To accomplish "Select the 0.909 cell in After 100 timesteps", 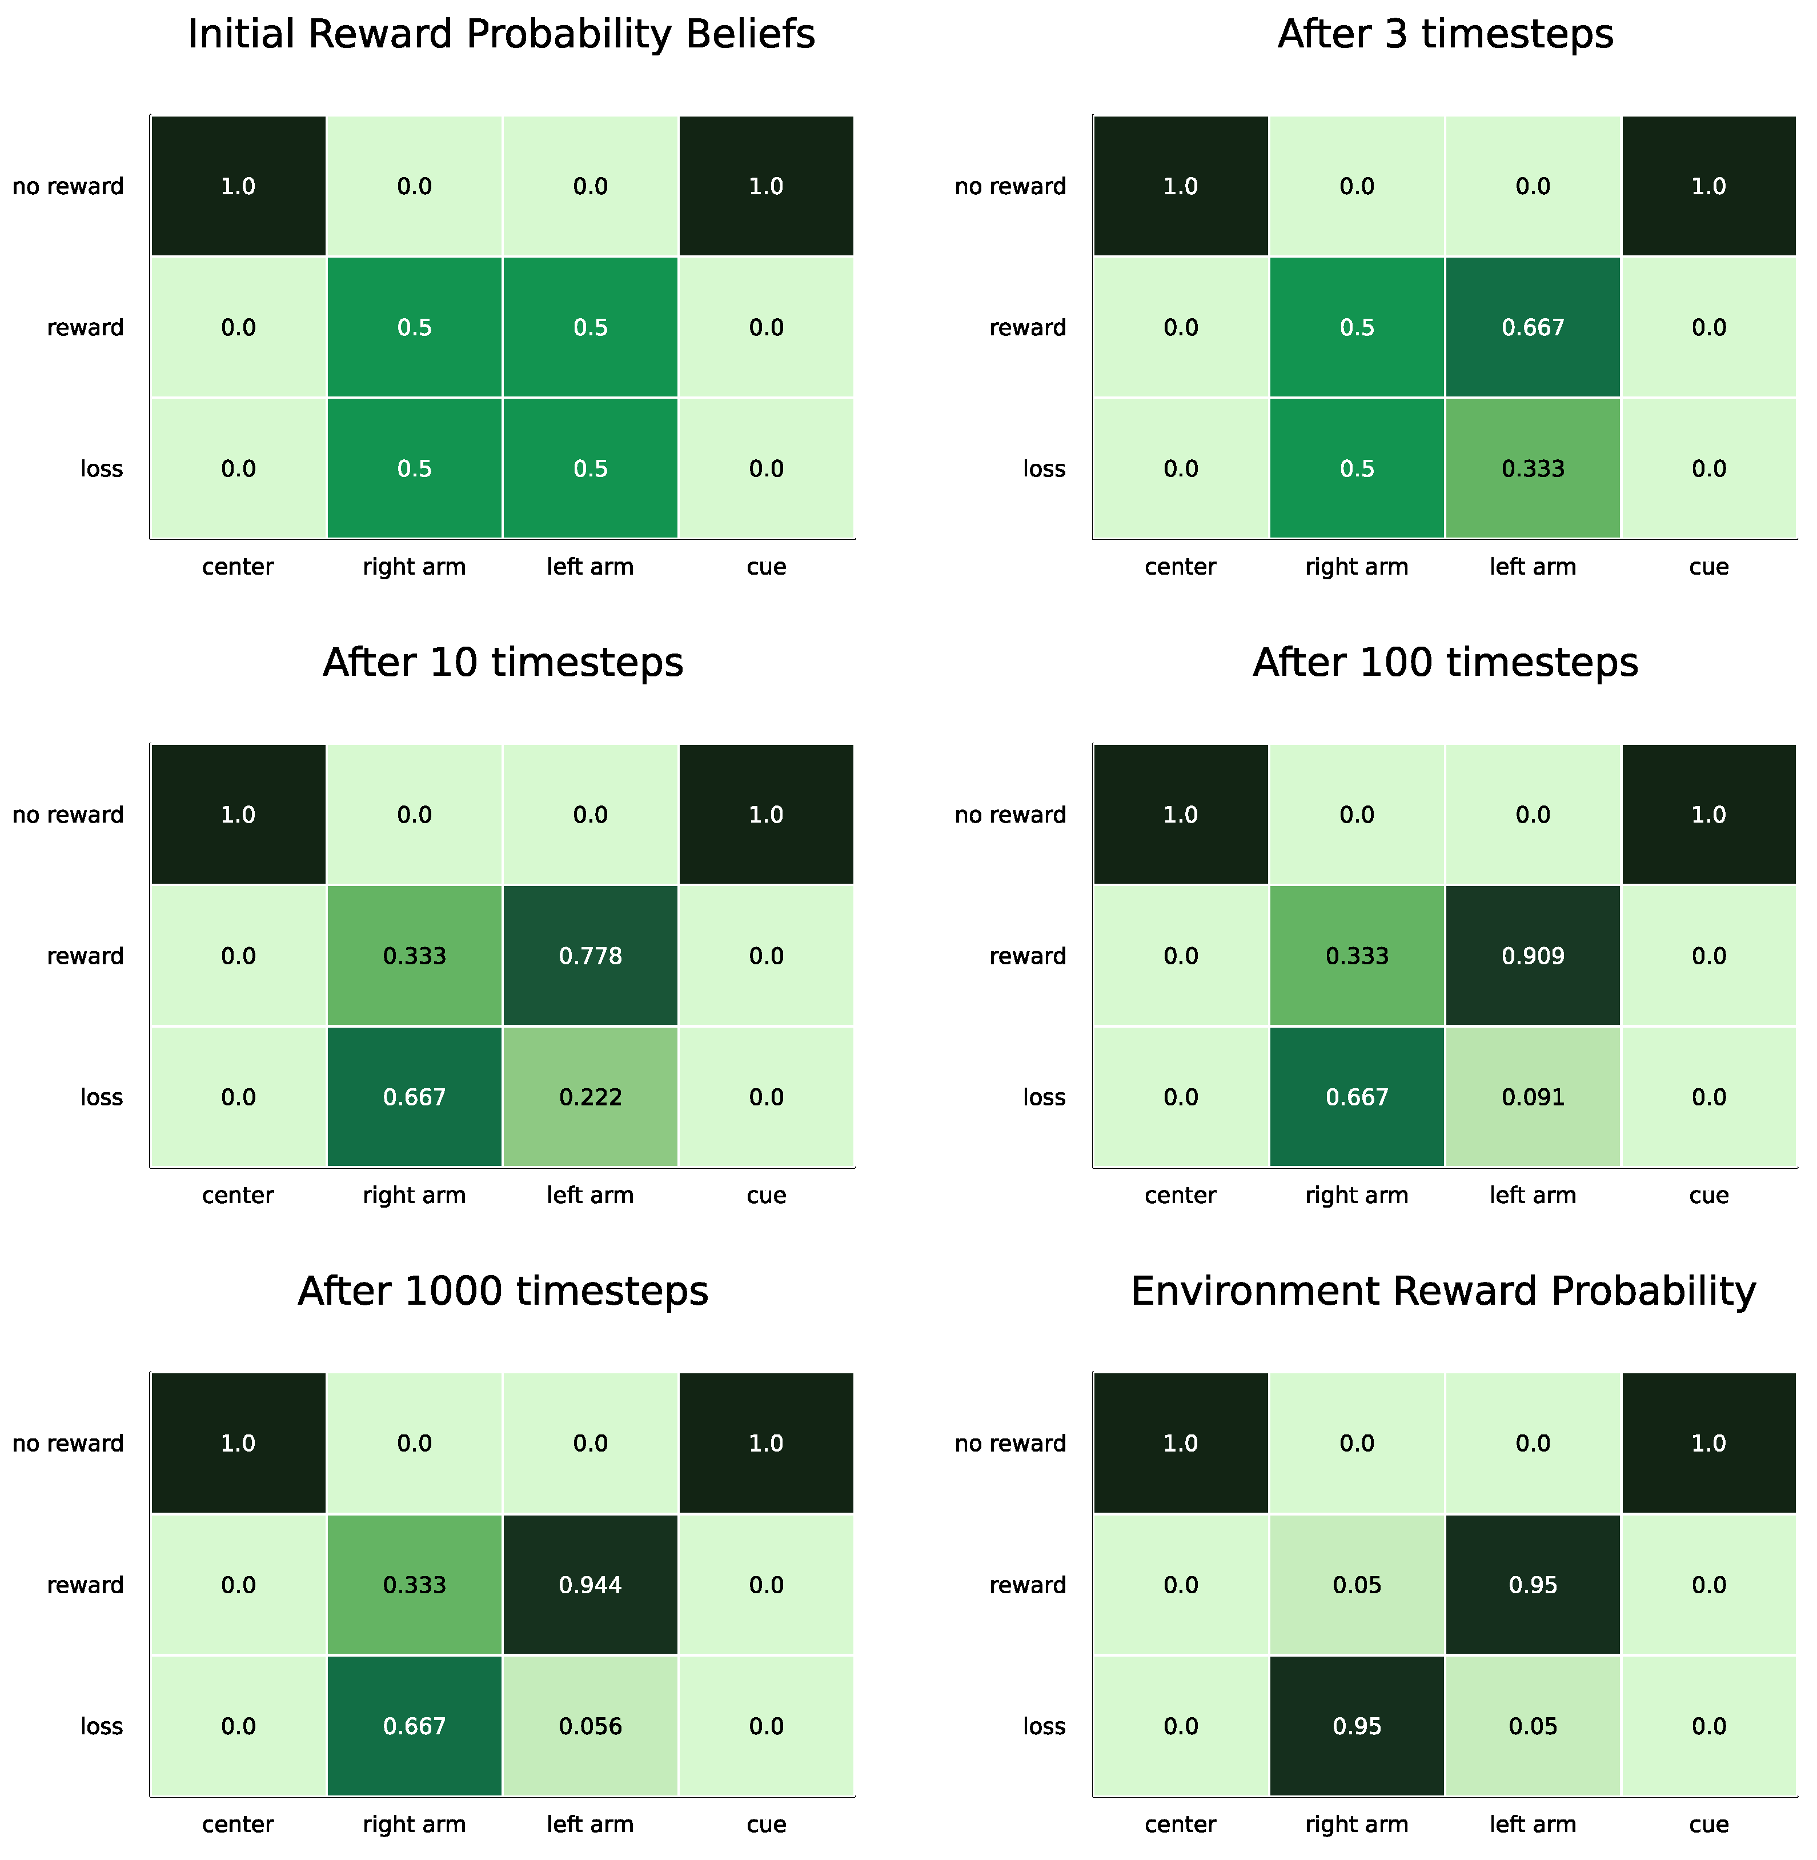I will [x=1533, y=955].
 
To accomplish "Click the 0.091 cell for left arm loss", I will [x=1533, y=1097].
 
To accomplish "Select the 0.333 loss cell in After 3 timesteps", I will [x=1533, y=468].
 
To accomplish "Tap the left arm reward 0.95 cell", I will [x=1533, y=1584].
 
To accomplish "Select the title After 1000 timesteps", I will [x=503, y=1291].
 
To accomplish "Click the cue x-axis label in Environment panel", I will [x=1708, y=1824].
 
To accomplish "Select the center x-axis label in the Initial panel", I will [x=238, y=567].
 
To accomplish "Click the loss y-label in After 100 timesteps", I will [x=1044, y=1097].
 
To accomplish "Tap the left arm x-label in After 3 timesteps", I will [x=1533, y=567].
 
